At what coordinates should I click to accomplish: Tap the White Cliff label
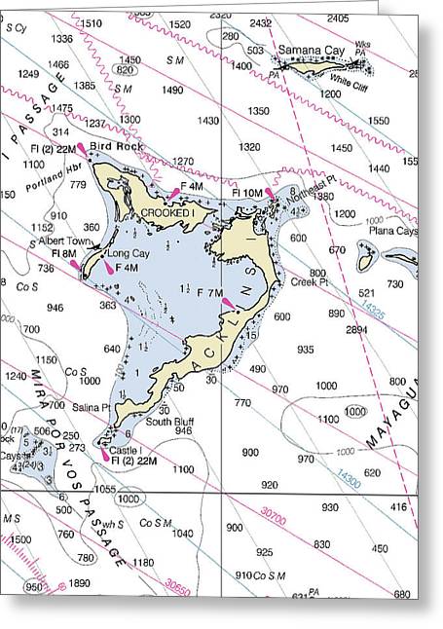(347, 82)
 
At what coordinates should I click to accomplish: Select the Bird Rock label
(116, 146)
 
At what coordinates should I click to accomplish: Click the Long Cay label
(128, 253)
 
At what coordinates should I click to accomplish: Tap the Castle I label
(126, 450)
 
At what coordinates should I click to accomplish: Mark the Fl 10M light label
(246, 193)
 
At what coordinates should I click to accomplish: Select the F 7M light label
(211, 292)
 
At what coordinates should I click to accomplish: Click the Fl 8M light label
(62, 253)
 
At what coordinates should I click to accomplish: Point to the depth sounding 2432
(261, 22)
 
